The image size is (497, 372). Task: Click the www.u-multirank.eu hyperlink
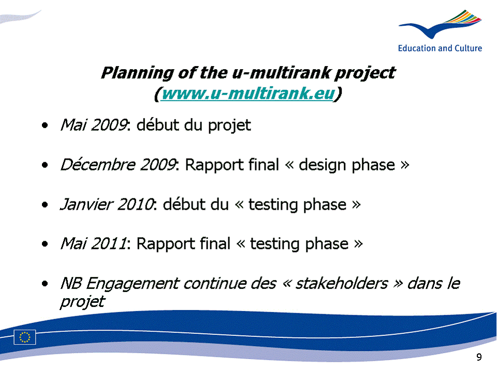(x=248, y=94)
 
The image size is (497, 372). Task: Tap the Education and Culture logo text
(x=440, y=48)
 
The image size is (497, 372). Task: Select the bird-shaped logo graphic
(x=441, y=24)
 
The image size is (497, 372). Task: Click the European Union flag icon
(x=25, y=337)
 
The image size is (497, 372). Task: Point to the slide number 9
(x=479, y=357)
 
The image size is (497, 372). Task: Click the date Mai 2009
(x=94, y=125)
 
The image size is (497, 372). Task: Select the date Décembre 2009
(x=118, y=164)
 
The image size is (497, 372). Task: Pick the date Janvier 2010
(x=107, y=204)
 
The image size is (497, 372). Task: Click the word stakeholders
(x=342, y=283)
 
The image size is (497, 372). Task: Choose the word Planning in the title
(x=137, y=73)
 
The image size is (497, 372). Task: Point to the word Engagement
(x=133, y=284)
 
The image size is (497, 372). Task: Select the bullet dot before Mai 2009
(x=45, y=125)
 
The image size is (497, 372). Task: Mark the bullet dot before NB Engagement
(x=45, y=284)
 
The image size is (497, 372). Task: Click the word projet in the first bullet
(x=229, y=126)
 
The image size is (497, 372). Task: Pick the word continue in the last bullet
(x=214, y=283)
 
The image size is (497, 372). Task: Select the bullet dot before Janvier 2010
(x=45, y=205)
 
